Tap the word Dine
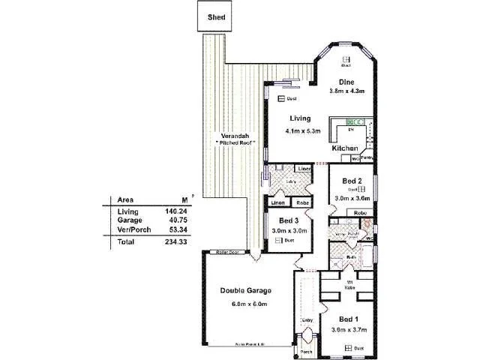[346, 82]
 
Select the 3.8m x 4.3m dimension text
[346, 91]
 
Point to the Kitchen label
[345, 149]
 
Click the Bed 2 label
[352, 181]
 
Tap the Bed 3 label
[288, 220]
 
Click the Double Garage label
[245, 290]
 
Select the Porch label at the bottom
[306, 351]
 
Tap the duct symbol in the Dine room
[346, 59]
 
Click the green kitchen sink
[354, 121]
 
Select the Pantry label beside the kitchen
[367, 158]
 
